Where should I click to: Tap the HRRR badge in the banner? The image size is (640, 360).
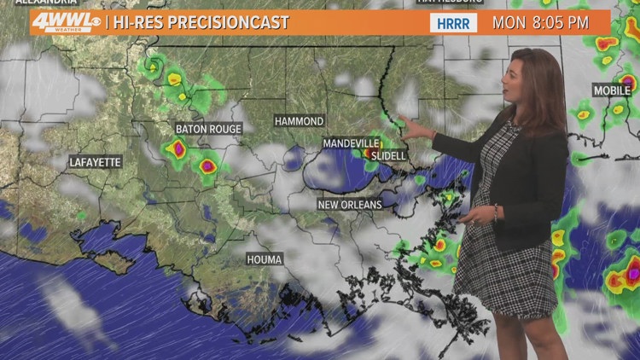click(x=453, y=23)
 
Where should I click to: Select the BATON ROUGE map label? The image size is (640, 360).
click(x=208, y=129)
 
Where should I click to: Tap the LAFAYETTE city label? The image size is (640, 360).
click(x=96, y=161)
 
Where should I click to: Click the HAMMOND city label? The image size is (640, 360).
click(x=299, y=121)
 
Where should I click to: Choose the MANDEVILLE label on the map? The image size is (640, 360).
click(x=351, y=142)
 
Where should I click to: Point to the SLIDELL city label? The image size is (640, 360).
click(x=389, y=156)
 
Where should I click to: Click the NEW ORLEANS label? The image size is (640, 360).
click(x=349, y=205)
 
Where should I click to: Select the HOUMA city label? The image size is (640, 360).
click(x=264, y=258)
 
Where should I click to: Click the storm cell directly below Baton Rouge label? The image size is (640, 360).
click(x=178, y=149)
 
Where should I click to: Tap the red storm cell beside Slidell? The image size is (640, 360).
click(x=369, y=154)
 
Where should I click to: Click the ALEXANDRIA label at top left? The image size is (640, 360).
click(x=38, y=3)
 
